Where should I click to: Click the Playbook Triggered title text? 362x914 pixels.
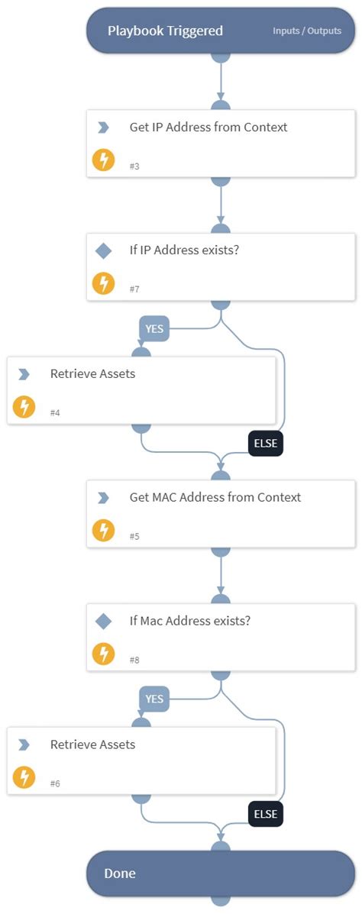point(165,31)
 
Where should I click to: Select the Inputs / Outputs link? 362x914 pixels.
point(307,31)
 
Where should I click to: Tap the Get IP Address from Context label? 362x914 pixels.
point(208,128)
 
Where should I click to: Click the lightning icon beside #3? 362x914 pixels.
point(103,160)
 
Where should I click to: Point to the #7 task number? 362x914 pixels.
point(134,289)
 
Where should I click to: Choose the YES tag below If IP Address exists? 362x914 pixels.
point(154,329)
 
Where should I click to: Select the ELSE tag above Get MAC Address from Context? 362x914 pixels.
point(265,444)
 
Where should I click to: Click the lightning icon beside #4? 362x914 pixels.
point(24,407)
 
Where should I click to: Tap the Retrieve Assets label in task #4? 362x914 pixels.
point(92,374)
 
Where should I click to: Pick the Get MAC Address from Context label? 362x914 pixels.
point(215,498)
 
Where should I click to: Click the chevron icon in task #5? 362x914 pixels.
point(103,498)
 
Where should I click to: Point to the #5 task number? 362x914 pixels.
point(134,536)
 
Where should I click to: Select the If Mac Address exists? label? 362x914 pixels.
point(190,621)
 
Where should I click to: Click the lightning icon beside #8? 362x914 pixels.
point(103,654)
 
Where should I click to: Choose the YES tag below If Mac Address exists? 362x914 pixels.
point(154,699)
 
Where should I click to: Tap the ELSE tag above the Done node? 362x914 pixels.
point(265,814)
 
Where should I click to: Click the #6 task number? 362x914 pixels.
point(55,783)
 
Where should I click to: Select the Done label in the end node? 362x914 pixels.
point(121,873)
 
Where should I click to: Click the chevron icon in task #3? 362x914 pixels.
point(103,128)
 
